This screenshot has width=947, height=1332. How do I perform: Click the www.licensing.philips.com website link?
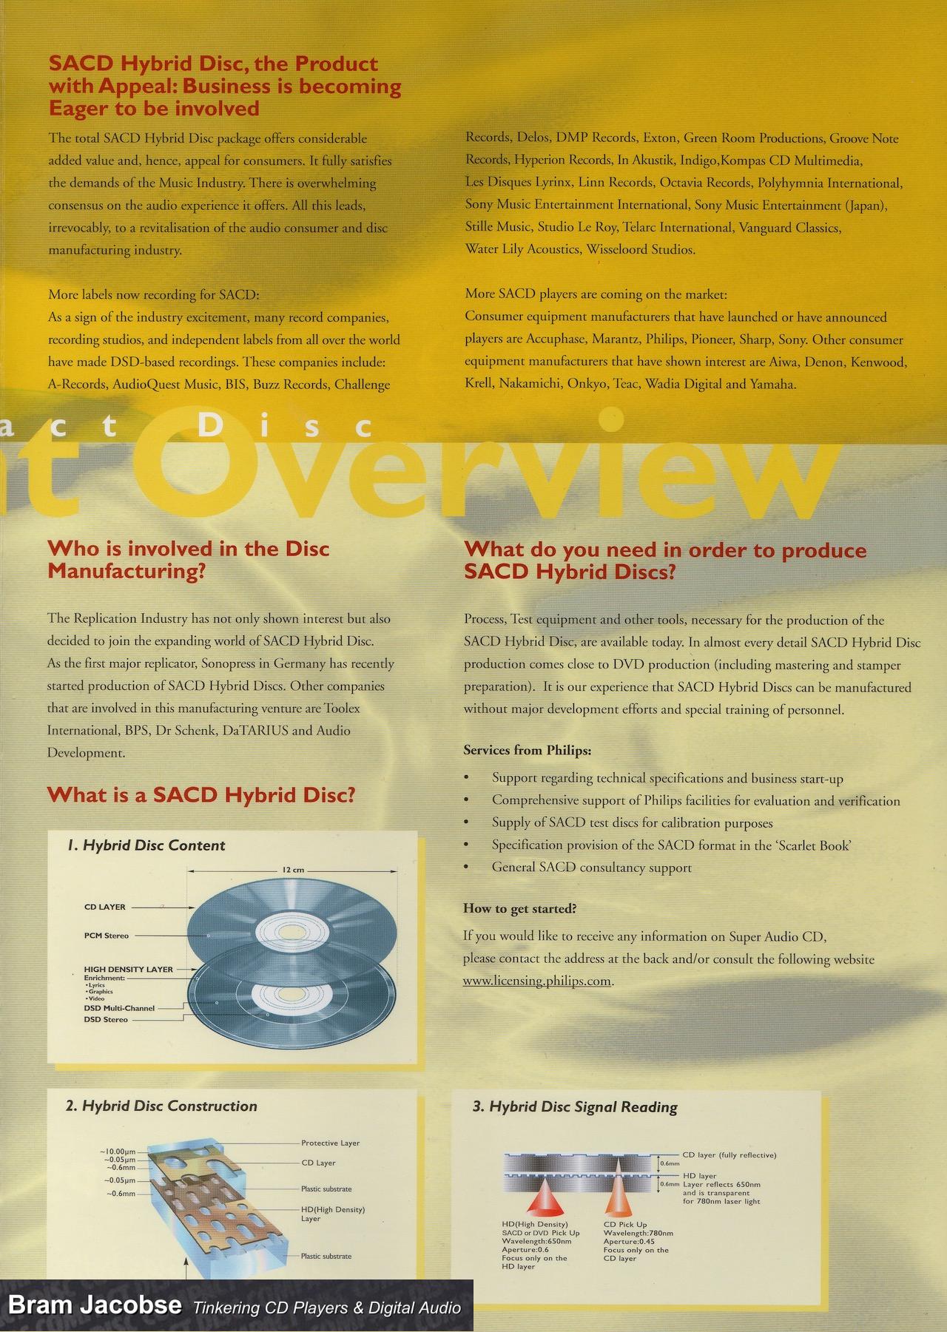pos(537,981)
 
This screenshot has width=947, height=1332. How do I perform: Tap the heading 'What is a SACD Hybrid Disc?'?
pos(201,795)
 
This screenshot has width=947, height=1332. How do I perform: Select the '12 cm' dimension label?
pos(294,870)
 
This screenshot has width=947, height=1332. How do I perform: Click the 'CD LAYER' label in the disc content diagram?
pos(105,907)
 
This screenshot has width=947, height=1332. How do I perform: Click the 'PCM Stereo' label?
pos(107,936)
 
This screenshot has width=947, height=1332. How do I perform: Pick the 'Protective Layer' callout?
pos(330,1143)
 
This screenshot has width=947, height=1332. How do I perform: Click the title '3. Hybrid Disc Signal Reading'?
pos(575,1107)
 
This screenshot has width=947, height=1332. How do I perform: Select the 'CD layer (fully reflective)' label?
pos(729,1154)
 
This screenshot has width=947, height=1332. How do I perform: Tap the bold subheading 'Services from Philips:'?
pos(527,750)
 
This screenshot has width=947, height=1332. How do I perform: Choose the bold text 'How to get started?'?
pos(519,908)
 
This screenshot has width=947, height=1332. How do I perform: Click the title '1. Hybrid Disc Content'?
pos(146,845)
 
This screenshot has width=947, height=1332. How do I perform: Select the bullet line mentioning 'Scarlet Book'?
pos(671,845)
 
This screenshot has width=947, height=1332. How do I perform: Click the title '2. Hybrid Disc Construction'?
pos(161,1106)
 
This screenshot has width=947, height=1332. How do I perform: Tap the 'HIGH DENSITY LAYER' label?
pos(128,969)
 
